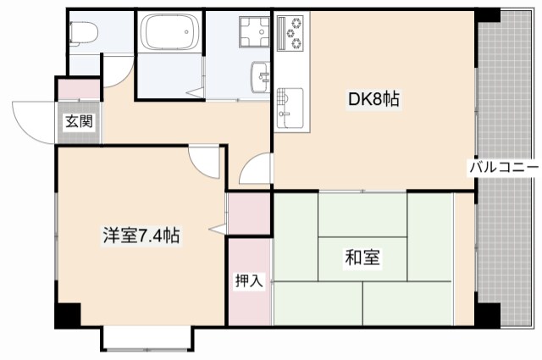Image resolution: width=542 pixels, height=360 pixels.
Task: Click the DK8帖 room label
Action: click(373, 100)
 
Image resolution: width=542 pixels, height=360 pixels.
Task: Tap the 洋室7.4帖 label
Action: click(141, 235)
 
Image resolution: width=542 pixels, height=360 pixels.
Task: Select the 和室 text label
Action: click(362, 258)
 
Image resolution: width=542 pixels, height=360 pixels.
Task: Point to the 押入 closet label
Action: click(249, 281)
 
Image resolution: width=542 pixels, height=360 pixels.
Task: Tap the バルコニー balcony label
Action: click(505, 167)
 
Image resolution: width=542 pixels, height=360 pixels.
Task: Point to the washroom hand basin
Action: click(258, 79)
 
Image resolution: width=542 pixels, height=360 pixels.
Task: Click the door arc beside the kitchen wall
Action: click(255, 170)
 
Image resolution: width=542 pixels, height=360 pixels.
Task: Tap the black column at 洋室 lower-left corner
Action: click(68, 314)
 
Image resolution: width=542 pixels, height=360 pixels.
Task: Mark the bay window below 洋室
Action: click(146, 339)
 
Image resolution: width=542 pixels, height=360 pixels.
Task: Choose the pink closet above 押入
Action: click(249, 214)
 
